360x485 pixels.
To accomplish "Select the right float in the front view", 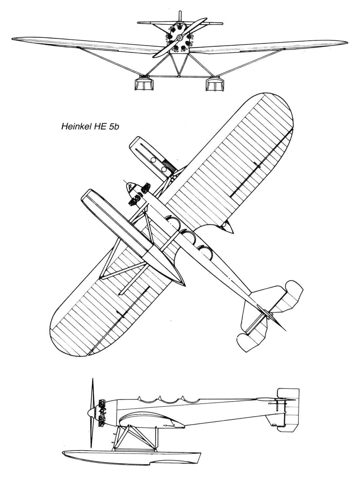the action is (x=215, y=84).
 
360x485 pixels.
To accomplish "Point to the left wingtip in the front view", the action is (x=13, y=39).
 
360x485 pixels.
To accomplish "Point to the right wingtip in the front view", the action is (x=346, y=42).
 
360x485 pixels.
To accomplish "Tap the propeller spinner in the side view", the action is (x=91, y=413).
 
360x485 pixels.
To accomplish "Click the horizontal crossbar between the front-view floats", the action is (x=179, y=76).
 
